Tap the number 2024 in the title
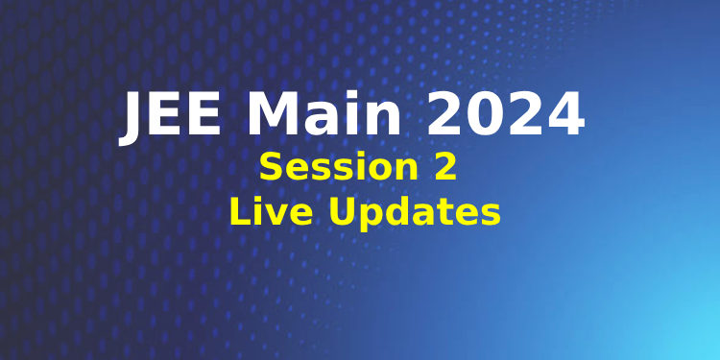coord(506,116)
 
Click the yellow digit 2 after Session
coord(443,167)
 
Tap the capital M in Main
coord(272,116)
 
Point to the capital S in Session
coord(272,167)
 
